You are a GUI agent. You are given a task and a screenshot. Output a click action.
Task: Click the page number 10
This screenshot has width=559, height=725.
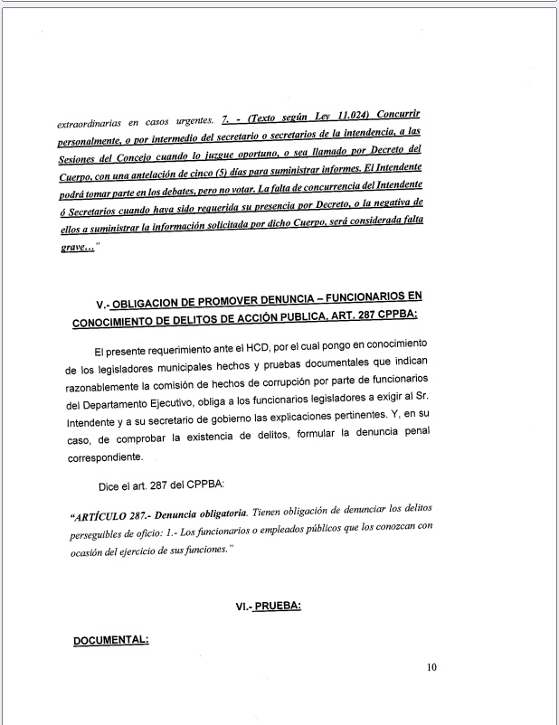pos(431,668)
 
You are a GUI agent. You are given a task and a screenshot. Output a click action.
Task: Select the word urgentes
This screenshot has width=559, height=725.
pos(185,121)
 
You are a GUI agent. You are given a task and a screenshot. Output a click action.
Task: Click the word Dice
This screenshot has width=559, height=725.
pos(110,485)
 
